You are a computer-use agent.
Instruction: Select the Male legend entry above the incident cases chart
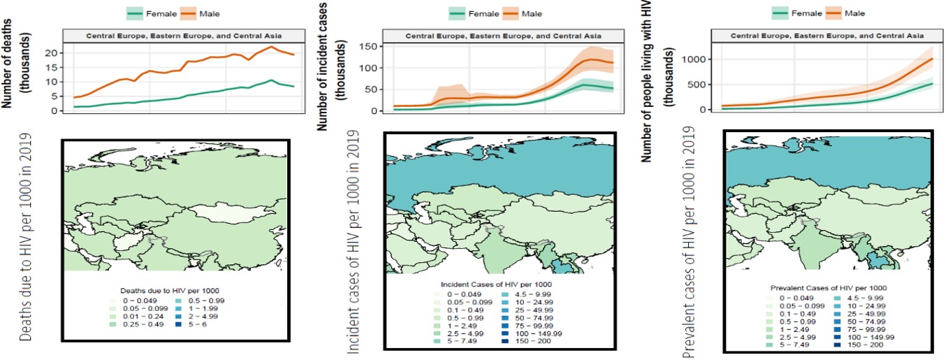click(x=528, y=13)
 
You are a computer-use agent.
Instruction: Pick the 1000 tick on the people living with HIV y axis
click(x=692, y=59)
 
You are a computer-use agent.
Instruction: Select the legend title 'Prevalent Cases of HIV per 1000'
click(x=828, y=287)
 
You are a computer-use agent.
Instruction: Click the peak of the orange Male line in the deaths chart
click(x=272, y=48)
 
